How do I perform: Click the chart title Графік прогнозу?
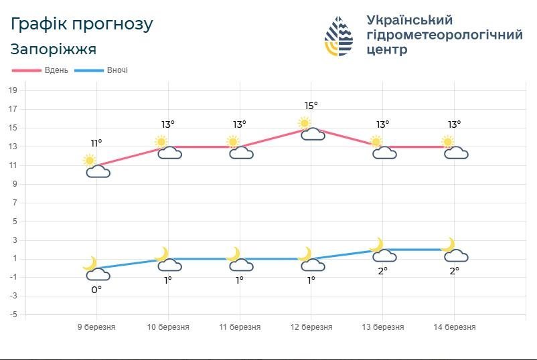[82, 24]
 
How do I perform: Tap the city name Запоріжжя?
[54, 50]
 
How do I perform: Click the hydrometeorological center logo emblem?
[339, 35]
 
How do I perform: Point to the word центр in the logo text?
[387, 50]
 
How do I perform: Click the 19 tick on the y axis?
[13, 90]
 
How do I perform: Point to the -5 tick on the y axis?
[13, 314]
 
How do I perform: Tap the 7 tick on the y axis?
[13, 203]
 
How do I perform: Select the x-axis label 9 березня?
[96, 327]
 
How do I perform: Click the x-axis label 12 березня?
[311, 327]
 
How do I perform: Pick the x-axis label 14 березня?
[455, 327]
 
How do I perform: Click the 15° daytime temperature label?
[311, 106]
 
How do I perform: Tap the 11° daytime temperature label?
[96, 143]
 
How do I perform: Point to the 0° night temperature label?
[96, 290]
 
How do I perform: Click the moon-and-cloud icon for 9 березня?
[96, 268]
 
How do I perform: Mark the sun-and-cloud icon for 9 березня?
[96, 166]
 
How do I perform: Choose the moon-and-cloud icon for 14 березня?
[454, 250]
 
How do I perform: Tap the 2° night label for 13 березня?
[382, 271]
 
